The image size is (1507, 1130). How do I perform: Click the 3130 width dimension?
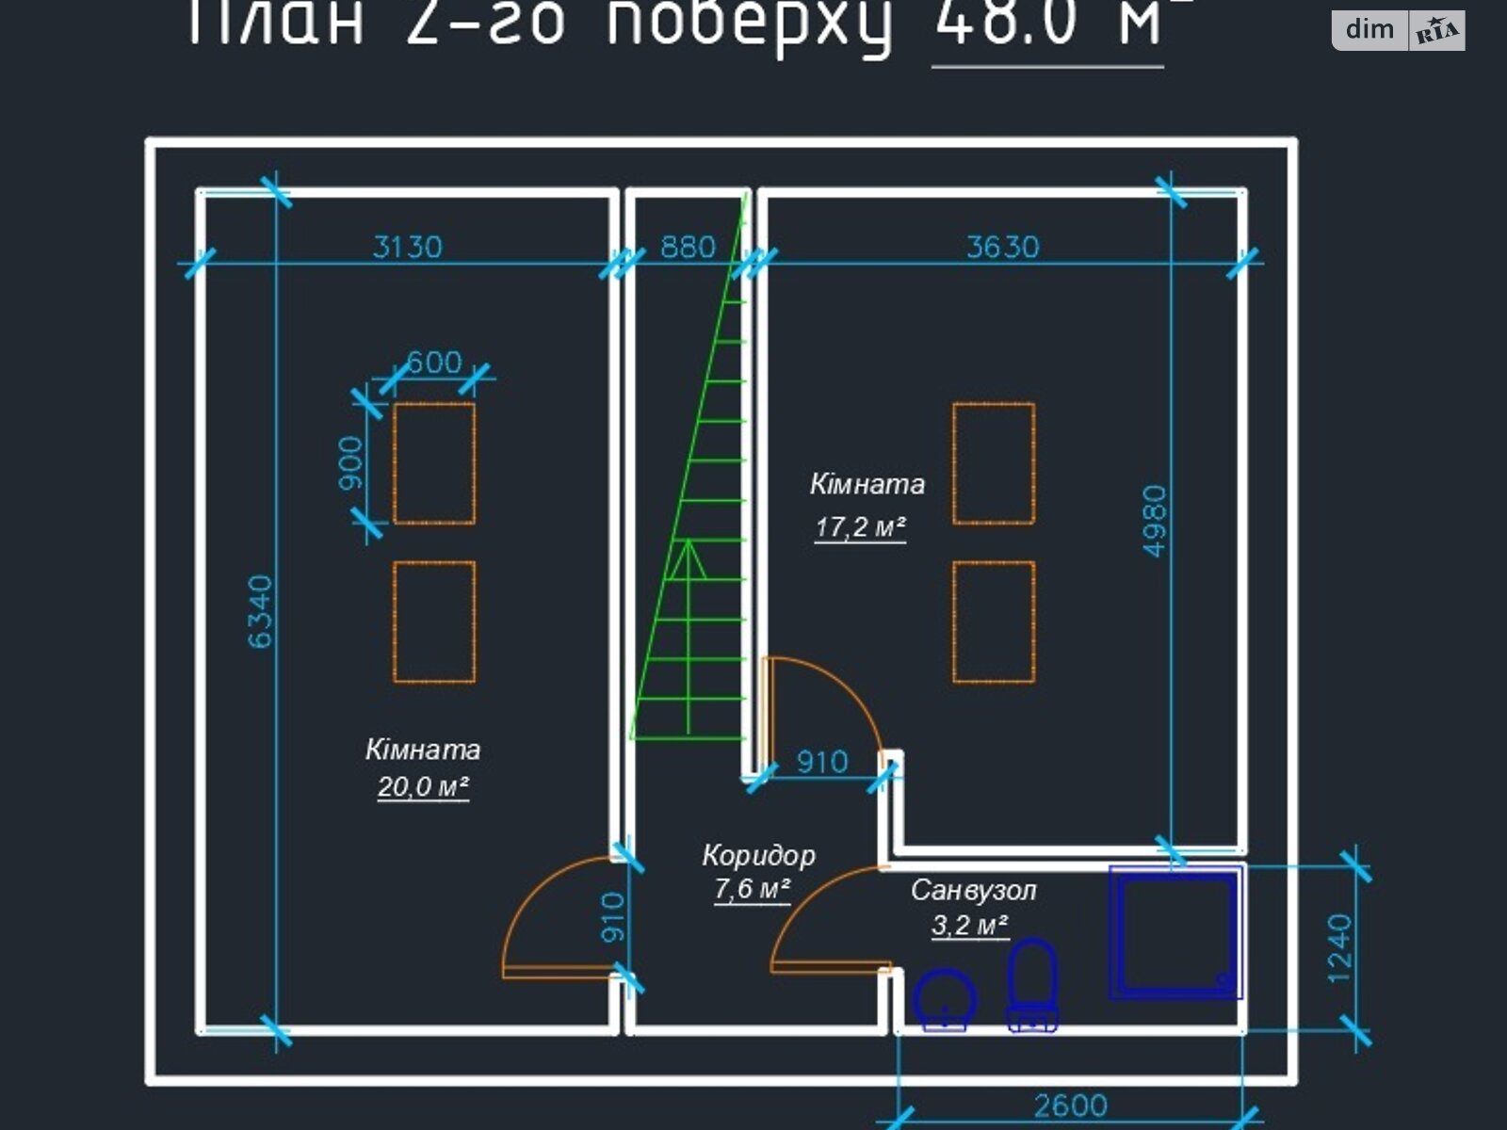click(407, 247)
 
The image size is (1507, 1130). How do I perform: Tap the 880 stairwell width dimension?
click(688, 247)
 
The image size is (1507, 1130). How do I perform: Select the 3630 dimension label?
click(1002, 247)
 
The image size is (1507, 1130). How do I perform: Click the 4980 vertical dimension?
click(1155, 521)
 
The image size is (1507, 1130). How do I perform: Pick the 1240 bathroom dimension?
click(1339, 947)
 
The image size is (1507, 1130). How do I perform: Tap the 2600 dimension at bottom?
click(1070, 1105)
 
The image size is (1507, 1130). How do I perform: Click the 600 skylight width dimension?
click(433, 363)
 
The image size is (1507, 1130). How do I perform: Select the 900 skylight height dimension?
click(349, 462)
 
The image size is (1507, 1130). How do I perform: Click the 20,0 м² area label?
click(423, 786)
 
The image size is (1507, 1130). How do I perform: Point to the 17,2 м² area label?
click(860, 526)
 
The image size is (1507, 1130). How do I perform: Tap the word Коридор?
click(758, 855)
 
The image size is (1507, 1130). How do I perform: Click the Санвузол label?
click(973, 890)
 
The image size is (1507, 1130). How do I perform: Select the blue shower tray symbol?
click(1176, 932)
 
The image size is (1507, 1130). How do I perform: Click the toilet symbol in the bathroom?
click(1032, 984)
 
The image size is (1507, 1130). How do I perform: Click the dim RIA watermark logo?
click(1398, 30)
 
